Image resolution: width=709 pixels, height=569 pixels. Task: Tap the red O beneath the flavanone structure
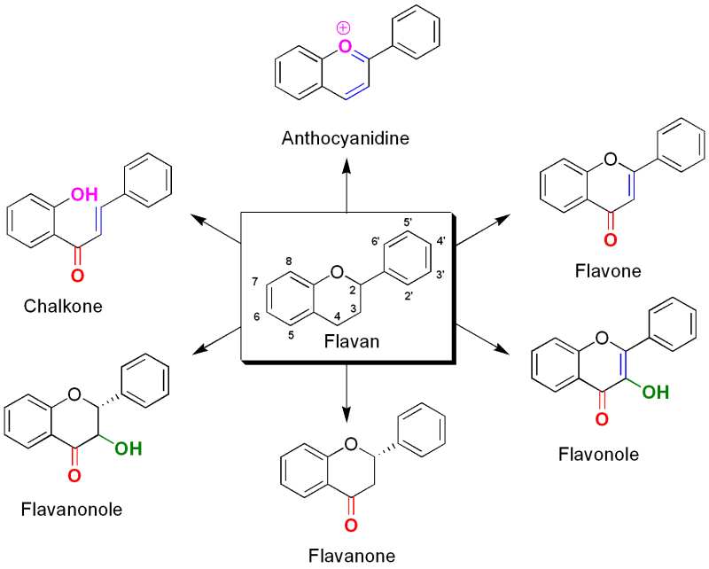click(x=350, y=526)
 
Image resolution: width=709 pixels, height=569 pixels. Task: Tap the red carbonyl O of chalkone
click(x=78, y=276)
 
